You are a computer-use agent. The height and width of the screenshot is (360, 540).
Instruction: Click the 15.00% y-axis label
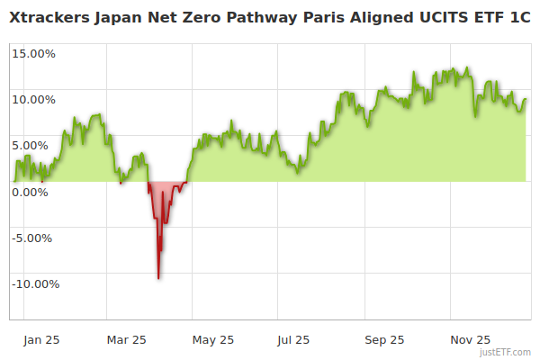tap(34, 53)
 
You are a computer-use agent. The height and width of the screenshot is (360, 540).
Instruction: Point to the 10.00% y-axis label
tap(34, 99)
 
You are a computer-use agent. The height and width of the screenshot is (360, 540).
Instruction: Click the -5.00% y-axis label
tap(35, 238)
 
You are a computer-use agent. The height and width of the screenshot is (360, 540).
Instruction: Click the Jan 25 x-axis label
tap(42, 340)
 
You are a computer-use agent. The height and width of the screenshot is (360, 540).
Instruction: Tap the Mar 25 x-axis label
tap(127, 340)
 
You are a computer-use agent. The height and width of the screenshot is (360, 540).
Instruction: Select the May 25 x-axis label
tap(213, 340)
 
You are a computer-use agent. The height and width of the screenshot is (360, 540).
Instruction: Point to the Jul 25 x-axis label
tap(294, 340)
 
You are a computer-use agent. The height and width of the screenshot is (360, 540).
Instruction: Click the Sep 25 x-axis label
tap(384, 340)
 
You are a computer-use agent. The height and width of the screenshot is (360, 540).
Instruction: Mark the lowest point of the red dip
tap(158, 278)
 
